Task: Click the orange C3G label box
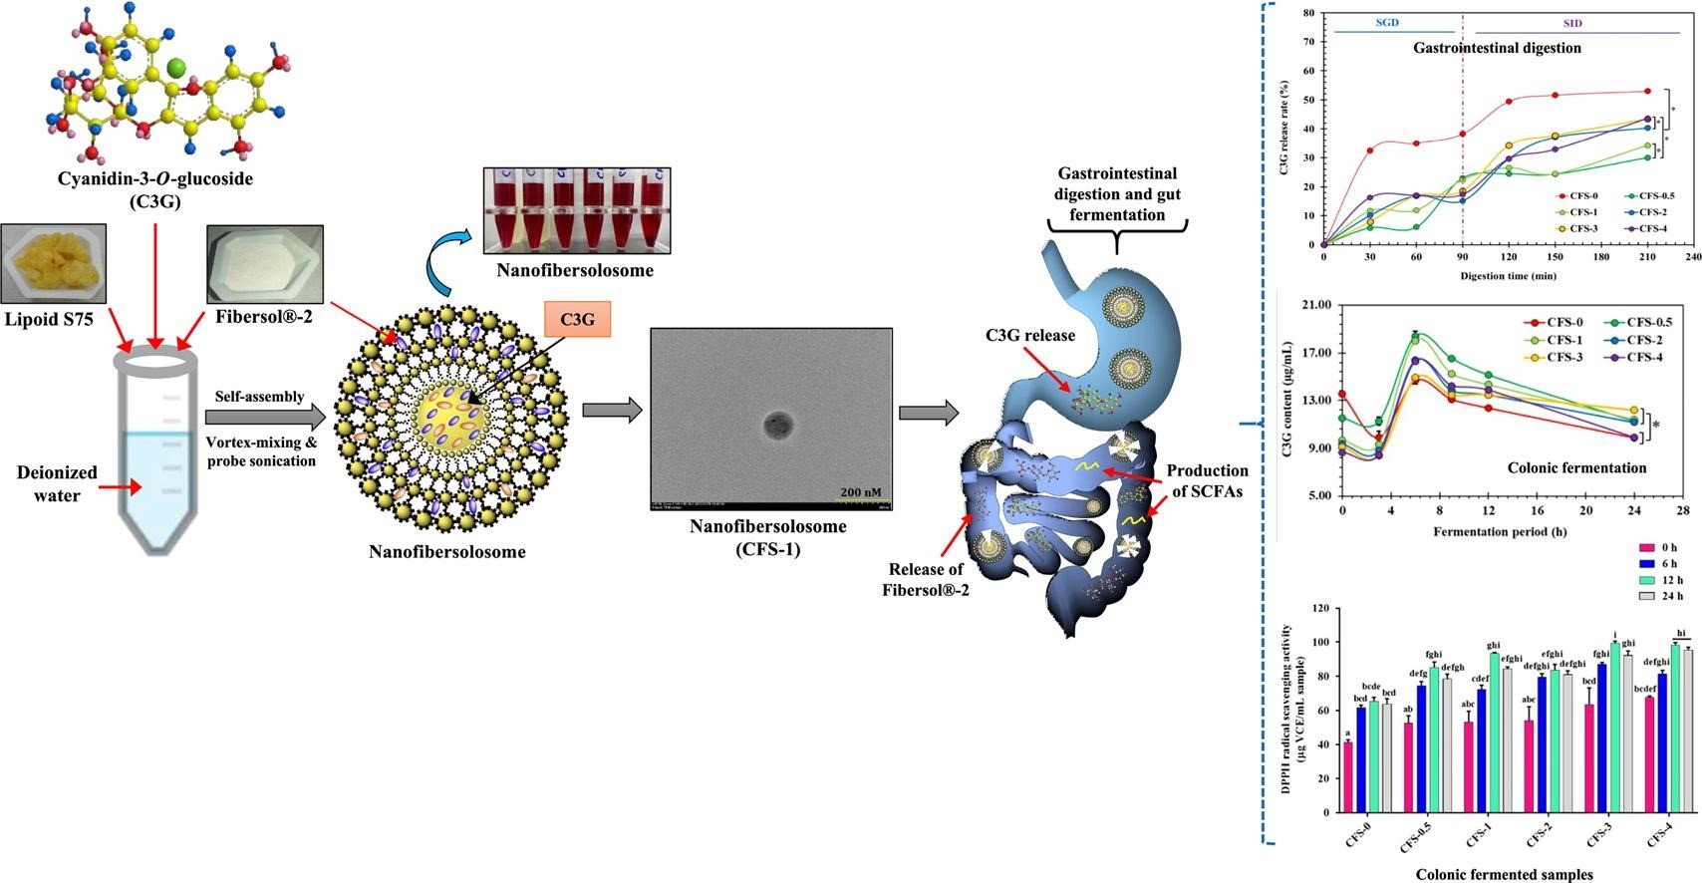point(577,319)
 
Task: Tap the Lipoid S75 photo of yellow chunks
point(54,263)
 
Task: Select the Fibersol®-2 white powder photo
point(264,264)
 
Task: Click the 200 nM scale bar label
point(863,491)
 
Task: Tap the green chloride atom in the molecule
point(176,68)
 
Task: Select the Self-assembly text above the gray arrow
point(259,397)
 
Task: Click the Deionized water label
point(57,483)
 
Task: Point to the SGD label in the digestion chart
point(1387,22)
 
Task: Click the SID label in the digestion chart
point(1572,23)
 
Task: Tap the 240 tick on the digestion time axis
point(1693,257)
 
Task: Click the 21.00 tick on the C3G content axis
point(1316,305)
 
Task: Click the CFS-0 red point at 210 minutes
point(1647,92)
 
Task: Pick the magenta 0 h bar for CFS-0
point(1348,769)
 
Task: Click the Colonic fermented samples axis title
point(1505,874)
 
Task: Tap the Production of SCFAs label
point(1208,480)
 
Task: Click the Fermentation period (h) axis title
point(1500,531)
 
